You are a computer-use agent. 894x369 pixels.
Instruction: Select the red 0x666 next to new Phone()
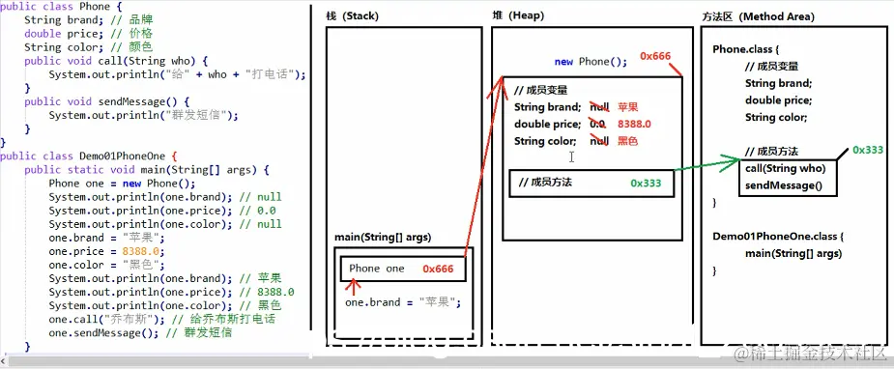tap(654, 56)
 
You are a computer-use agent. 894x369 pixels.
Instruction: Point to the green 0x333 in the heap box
tap(646, 182)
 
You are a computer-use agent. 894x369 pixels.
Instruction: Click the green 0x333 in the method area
tap(868, 151)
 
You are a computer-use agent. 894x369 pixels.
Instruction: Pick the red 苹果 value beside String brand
tap(628, 107)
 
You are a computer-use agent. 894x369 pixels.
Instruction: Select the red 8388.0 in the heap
tap(634, 125)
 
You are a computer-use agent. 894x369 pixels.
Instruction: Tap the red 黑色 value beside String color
tap(627, 141)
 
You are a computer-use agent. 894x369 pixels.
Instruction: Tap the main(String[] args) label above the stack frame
tap(383, 238)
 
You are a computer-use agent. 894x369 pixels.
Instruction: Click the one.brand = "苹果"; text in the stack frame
tap(402, 302)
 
